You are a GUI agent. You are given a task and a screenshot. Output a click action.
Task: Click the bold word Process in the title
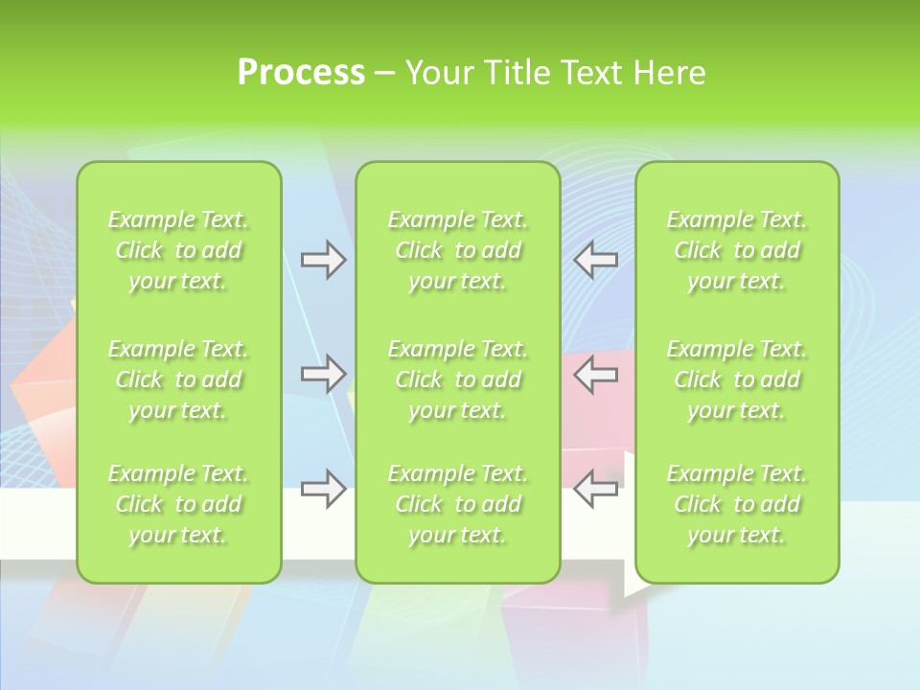(301, 73)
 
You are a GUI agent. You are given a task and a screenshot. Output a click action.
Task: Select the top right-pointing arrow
(323, 260)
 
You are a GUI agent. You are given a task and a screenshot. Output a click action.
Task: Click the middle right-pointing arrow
(323, 374)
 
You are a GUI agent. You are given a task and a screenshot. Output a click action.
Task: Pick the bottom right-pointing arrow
(323, 489)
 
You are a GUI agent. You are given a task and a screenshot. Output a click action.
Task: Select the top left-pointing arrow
(596, 260)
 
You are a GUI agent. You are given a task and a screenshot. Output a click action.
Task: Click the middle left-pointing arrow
(596, 374)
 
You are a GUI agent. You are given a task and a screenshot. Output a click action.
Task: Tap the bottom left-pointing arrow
(596, 489)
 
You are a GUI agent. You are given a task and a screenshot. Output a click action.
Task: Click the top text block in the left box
(178, 251)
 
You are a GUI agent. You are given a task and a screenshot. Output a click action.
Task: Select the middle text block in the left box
(178, 379)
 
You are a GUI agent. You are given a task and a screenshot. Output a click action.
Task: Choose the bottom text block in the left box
(178, 504)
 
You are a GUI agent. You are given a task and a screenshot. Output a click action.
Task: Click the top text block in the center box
(457, 251)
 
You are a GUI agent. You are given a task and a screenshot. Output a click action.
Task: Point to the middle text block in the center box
(457, 379)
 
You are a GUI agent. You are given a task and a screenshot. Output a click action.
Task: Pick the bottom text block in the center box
(457, 504)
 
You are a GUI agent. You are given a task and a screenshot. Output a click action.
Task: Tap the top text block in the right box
(736, 251)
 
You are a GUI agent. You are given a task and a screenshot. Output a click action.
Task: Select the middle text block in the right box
(736, 379)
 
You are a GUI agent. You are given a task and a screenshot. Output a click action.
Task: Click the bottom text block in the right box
(736, 504)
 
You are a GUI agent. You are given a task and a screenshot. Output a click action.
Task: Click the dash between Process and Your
(384, 74)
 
